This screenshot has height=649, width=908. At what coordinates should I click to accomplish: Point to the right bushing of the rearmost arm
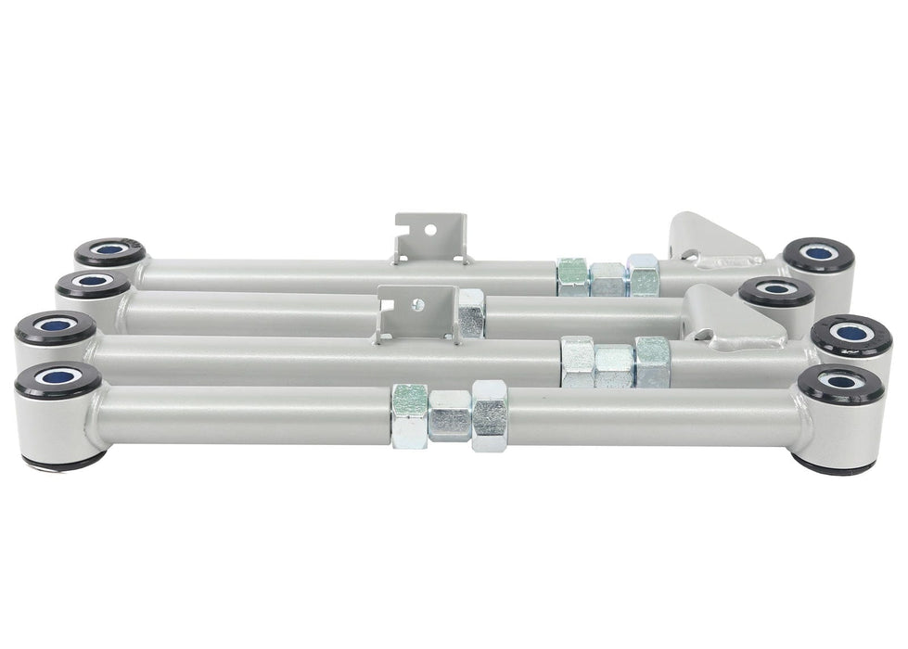point(818,256)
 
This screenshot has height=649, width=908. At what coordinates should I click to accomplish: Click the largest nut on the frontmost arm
point(490,414)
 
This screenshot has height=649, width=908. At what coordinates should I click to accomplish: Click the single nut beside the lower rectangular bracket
point(470,312)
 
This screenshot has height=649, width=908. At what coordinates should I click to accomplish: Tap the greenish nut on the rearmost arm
point(572,276)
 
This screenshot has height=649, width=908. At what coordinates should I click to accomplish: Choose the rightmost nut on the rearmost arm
point(643,274)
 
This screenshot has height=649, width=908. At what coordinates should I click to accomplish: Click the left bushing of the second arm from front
point(55,329)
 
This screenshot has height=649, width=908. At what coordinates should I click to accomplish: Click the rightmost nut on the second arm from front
point(652,363)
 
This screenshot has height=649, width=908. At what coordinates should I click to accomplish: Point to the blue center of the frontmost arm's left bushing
point(58,378)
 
